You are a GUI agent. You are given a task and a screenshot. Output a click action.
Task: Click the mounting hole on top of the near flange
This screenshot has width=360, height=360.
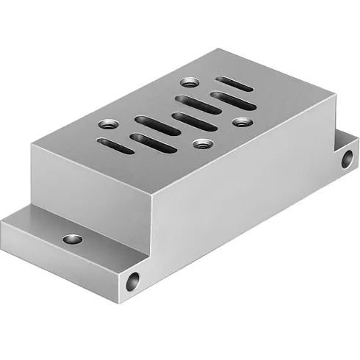[x=72, y=239]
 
